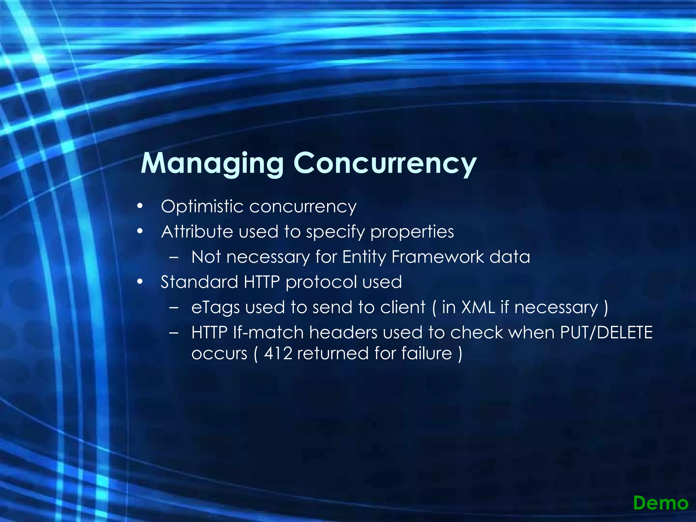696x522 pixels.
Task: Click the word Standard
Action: click(x=199, y=282)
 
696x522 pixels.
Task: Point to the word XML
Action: click(x=478, y=307)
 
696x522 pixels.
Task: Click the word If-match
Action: click(x=268, y=332)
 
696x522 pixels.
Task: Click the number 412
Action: click(x=278, y=353)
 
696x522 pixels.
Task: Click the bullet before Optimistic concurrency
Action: click(x=140, y=206)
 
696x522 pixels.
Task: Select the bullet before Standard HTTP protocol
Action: click(x=140, y=282)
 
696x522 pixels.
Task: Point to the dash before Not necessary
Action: click(x=174, y=257)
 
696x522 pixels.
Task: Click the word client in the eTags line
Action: click(x=403, y=307)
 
